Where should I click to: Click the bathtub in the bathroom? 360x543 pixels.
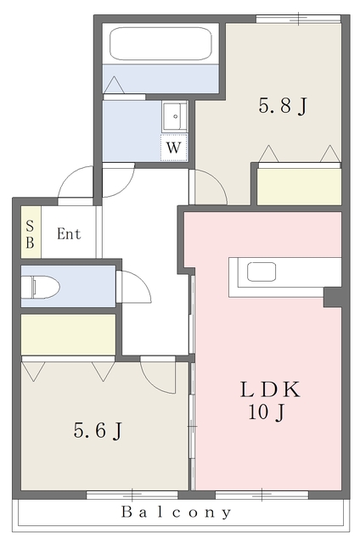tap(160, 43)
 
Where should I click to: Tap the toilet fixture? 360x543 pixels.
tap(40, 287)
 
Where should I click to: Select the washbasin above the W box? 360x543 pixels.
tap(175, 116)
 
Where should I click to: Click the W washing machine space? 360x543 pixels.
tap(173, 148)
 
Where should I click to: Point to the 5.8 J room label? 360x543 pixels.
tap(283, 105)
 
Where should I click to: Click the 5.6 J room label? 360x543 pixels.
tap(98, 430)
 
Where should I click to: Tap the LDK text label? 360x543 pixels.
tap(270, 389)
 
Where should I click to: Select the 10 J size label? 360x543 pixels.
tap(267, 412)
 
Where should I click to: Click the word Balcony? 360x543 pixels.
tap(177, 512)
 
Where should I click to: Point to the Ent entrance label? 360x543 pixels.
tap(69, 234)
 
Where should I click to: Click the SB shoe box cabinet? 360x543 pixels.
tap(31, 232)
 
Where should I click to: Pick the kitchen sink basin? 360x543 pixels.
tap(262, 271)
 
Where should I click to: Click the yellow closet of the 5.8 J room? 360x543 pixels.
tap(299, 187)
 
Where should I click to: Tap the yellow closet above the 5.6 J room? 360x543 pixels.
tap(68, 334)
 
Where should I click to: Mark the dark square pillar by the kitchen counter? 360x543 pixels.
tap(333, 297)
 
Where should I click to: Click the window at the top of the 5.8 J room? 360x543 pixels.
tap(298, 19)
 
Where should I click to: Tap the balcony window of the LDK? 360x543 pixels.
tap(262, 495)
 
